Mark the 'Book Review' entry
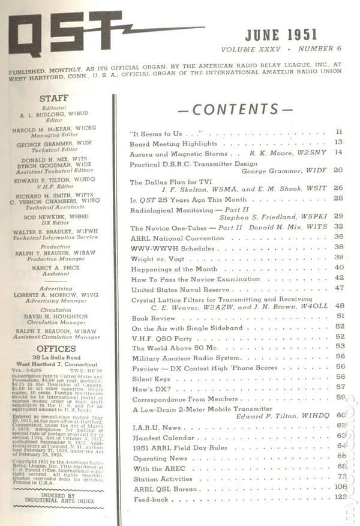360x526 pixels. tap(150, 316)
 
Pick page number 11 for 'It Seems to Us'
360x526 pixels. tap(339, 131)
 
